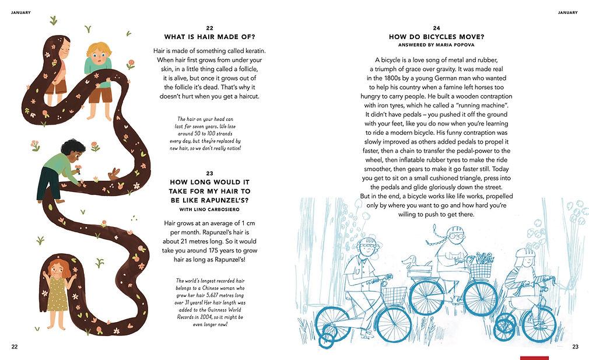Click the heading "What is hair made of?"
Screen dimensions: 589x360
209,37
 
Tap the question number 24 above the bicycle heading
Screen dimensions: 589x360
436,28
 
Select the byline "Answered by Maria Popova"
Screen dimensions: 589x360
436,45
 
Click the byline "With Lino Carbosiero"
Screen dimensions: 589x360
209,209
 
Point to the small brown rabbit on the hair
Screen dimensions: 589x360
114,174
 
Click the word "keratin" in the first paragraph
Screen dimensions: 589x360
255,51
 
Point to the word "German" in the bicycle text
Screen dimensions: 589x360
446,78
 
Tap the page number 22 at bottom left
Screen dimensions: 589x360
15,347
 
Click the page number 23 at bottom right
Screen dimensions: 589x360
575,347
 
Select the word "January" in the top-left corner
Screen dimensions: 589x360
21,13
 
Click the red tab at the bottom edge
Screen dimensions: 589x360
534,358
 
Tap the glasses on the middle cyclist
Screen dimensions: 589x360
455,236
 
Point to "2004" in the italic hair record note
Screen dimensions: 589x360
206,317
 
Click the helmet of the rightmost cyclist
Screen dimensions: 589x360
524,252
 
